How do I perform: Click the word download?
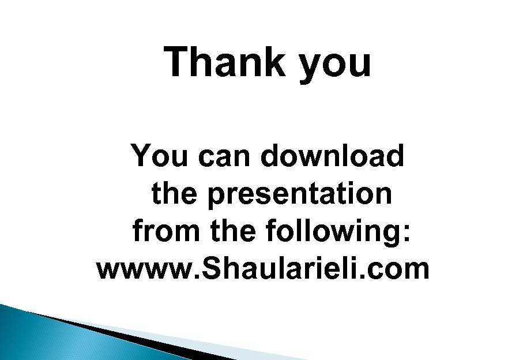(332, 156)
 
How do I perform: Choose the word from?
(167, 231)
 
